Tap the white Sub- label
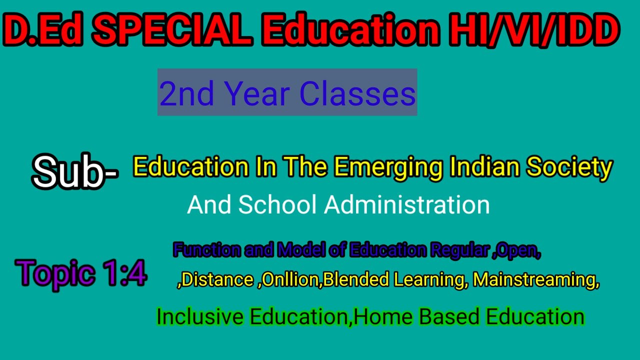75,171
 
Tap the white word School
277,205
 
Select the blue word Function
206,249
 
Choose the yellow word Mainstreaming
535,280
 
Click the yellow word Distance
217,280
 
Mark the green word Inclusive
200,316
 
